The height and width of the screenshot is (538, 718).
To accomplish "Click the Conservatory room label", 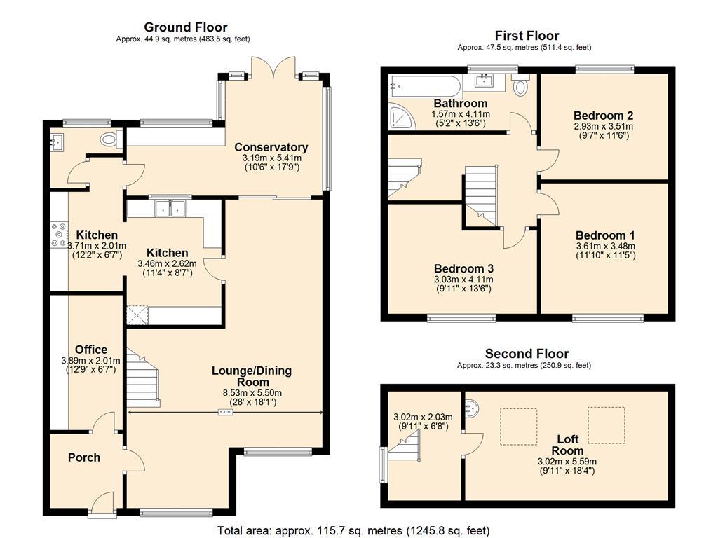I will coord(271,147).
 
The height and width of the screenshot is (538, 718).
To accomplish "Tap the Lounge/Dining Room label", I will coord(252,376).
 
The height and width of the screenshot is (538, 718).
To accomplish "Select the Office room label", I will coord(91,350).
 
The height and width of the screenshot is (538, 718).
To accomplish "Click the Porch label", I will coord(84,457).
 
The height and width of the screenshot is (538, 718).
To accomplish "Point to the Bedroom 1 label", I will coord(604,235).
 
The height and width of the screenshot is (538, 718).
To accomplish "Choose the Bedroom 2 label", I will coord(603,116).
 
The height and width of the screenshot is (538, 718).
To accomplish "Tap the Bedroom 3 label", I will coord(463,268).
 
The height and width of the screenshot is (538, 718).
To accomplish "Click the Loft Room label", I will coord(567,445).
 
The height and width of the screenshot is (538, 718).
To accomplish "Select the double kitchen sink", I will coord(170,207).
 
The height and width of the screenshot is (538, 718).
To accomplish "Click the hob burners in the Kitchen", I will coord(57,235).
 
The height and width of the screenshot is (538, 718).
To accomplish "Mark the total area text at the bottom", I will coord(353,531).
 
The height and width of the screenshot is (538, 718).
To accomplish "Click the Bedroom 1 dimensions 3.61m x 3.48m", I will coord(604,246).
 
